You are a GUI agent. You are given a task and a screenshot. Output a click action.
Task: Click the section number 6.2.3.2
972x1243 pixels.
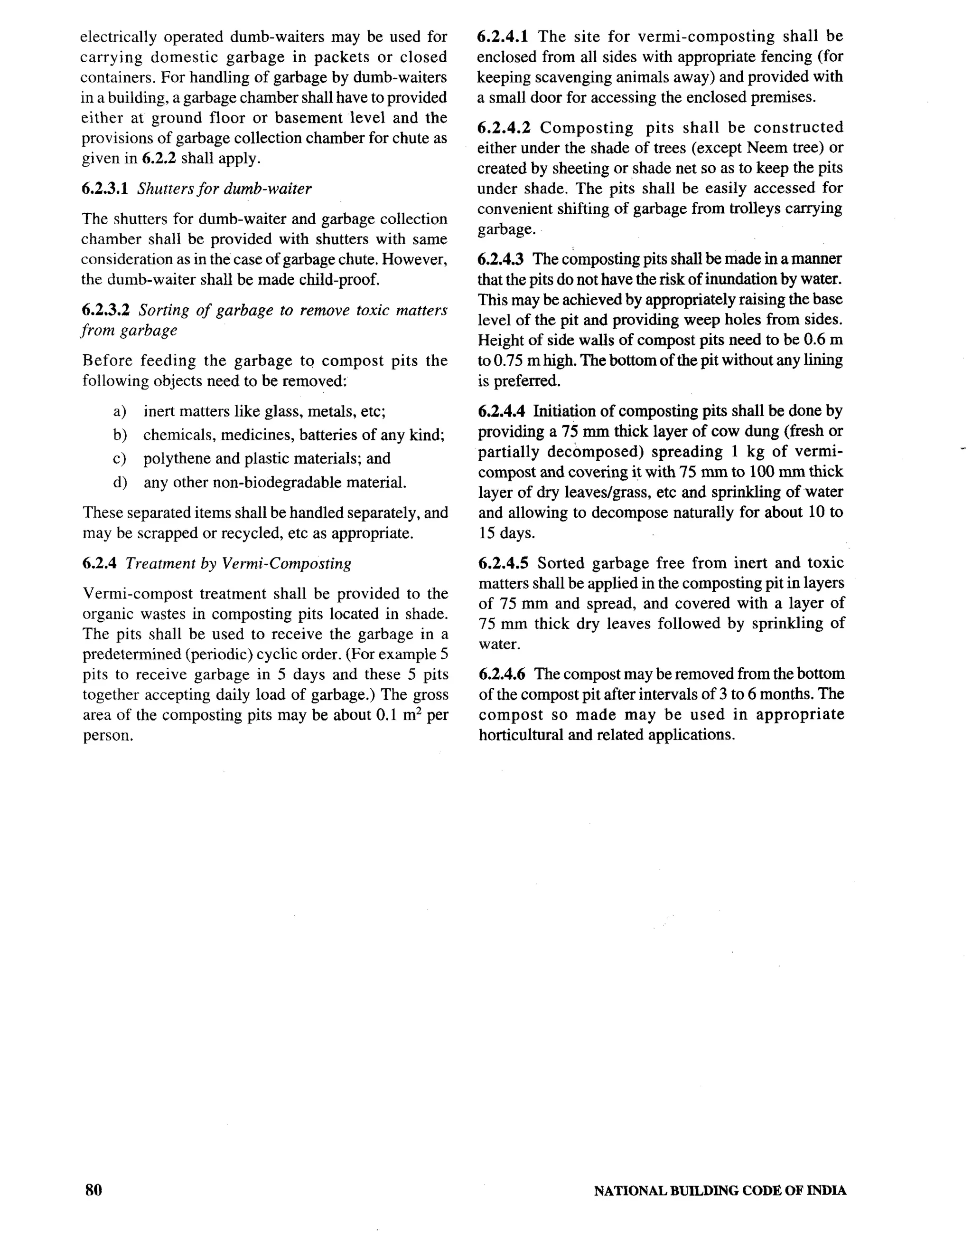[x=106, y=310]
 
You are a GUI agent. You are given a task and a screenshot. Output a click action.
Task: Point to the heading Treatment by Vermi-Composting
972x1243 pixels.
[x=238, y=564]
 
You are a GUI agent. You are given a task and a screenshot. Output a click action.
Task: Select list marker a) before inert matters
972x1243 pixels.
[x=120, y=411]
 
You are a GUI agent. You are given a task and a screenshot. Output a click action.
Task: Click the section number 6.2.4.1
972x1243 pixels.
[x=503, y=37]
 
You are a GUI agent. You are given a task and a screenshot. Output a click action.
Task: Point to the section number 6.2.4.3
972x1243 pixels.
[x=501, y=259]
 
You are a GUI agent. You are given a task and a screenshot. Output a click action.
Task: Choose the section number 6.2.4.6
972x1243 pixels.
[x=502, y=674]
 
